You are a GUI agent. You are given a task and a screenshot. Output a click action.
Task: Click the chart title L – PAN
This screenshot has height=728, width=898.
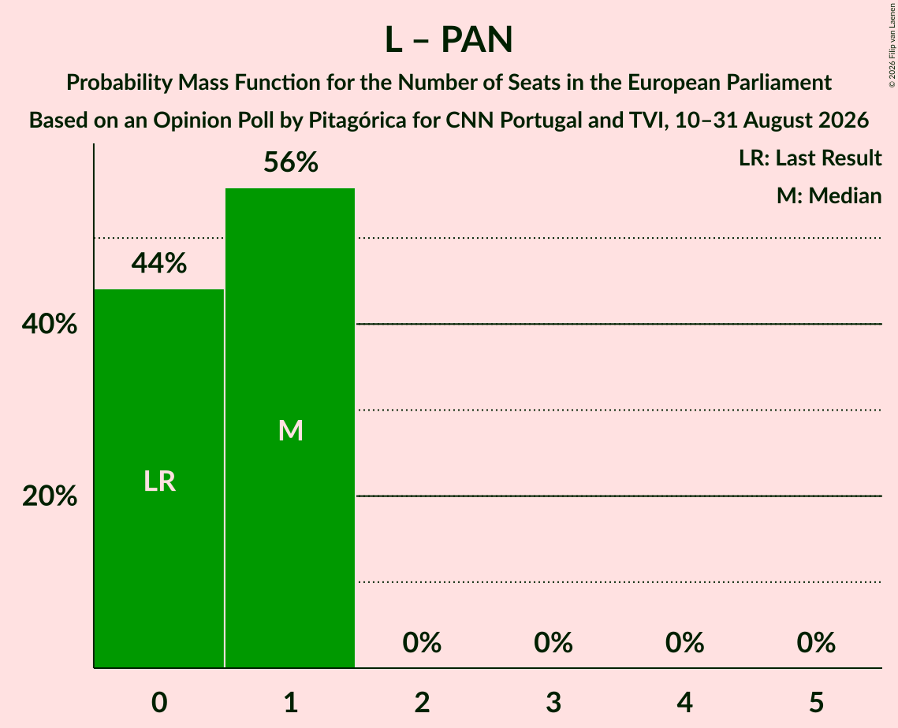click(x=449, y=40)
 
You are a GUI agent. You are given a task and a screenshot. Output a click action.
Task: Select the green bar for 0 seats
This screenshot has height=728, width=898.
click(x=158, y=478)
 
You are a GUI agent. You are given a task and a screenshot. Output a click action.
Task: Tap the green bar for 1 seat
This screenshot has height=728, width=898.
click(x=290, y=428)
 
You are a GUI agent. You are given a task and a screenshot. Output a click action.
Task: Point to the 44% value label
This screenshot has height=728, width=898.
click(x=159, y=263)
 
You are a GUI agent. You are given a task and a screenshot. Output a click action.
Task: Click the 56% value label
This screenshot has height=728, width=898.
click(x=290, y=162)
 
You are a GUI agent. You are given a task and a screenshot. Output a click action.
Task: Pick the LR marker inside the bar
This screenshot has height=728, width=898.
click(x=159, y=481)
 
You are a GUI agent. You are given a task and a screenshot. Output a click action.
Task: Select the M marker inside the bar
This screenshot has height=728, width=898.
click(x=290, y=430)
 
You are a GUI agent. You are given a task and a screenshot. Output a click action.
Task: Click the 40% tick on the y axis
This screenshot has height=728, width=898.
click(x=50, y=324)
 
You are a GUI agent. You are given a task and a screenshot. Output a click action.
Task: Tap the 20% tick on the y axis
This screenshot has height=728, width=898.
click(x=50, y=496)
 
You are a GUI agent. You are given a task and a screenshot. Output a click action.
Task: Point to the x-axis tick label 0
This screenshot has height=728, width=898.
click(x=159, y=702)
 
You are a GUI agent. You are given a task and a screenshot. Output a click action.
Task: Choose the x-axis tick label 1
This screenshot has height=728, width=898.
click(x=290, y=702)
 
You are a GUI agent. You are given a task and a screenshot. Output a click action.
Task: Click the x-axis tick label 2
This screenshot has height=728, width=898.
click(x=422, y=702)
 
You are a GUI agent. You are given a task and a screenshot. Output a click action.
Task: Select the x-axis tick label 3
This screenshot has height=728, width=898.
click(x=553, y=702)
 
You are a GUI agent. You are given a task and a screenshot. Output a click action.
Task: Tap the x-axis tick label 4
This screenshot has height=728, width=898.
click(x=685, y=702)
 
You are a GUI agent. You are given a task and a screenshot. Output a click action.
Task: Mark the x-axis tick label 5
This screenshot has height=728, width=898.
click(x=816, y=702)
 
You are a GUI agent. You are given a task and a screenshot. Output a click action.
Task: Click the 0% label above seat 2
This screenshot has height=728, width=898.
click(x=422, y=643)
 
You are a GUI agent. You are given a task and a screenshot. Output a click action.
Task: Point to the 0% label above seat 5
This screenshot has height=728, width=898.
click(x=816, y=643)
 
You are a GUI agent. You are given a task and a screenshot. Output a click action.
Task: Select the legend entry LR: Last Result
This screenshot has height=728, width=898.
click(x=810, y=158)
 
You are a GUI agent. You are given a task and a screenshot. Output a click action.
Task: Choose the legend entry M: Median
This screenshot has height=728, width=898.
click(x=829, y=195)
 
